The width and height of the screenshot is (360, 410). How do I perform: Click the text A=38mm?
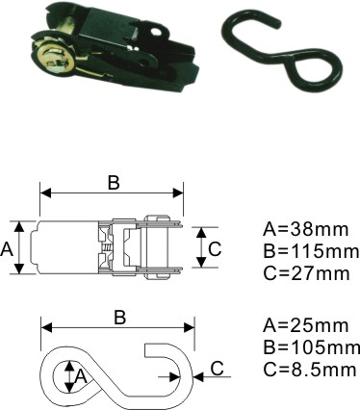(x=305, y=230)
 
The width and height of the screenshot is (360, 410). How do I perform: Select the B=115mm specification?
(x=311, y=251)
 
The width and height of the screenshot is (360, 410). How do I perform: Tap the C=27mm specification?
(x=306, y=273)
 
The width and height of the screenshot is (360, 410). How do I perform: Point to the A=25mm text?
(x=305, y=325)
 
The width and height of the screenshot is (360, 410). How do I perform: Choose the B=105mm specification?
(x=311, y=347)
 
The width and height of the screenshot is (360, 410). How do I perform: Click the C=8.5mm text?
(x=310, y=369)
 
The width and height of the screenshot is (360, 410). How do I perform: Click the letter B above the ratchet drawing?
(x=114, y=183)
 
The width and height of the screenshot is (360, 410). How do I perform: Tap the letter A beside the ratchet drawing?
(x=7, y=249)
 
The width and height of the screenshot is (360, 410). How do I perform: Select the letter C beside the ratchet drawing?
(x=215, y=249)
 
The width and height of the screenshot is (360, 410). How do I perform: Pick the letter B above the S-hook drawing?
(x=120, y=318)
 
